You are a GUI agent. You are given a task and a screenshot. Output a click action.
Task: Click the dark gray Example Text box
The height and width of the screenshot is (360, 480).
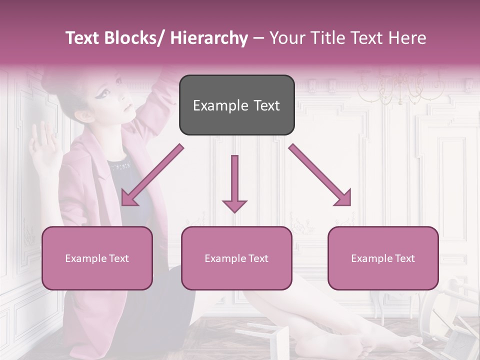tap(236, 105)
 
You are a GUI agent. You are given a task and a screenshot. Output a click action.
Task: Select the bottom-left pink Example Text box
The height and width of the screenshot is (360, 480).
tap(97, 258)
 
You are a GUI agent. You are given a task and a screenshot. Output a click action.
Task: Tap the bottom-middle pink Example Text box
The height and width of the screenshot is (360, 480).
tap(236, 258)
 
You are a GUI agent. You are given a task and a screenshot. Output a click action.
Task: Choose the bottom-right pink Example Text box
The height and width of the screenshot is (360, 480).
tap(383, 258)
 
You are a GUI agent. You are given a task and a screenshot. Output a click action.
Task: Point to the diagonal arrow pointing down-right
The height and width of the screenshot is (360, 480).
tap(320, 175)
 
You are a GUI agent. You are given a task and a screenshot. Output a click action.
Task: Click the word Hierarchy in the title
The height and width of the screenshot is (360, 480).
tap(209, 38)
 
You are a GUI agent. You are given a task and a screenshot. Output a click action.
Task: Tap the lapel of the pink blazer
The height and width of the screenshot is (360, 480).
tap(102, 165)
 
